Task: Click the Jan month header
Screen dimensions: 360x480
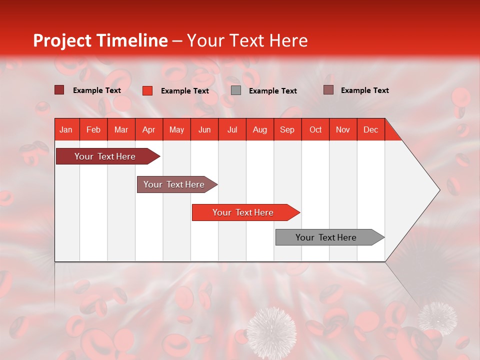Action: (x=66, y=129)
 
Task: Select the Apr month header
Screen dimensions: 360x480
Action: (x=148, y=129)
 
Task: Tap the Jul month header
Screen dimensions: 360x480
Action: (x=232, y=129)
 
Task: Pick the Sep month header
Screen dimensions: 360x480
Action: (x=287, y=129)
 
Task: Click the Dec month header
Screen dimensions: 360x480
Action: (x=370, y=129)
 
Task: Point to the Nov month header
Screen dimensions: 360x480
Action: (x=342, y=129)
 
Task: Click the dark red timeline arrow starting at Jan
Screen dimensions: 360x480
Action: (x=105, y=156)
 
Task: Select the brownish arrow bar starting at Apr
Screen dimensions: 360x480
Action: (x=174, y=184)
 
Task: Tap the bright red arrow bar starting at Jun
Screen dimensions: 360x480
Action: (x=243, y=212)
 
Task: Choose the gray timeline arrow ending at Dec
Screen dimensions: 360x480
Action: (x=326, y=237)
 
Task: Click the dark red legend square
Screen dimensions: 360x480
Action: (x=59, y=90)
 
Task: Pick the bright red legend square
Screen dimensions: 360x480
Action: (x=147, y=90)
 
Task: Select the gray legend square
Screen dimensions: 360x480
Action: (x=236, y=90)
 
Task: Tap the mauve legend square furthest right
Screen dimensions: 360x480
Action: (x=328, y=90)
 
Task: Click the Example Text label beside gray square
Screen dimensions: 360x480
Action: (x=272, y=91)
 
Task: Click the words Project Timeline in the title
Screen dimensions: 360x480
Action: (x=100, y=40)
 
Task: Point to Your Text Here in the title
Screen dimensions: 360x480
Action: (x=247, y=40)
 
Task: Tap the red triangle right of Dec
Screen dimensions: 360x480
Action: (x=391, y=133)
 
